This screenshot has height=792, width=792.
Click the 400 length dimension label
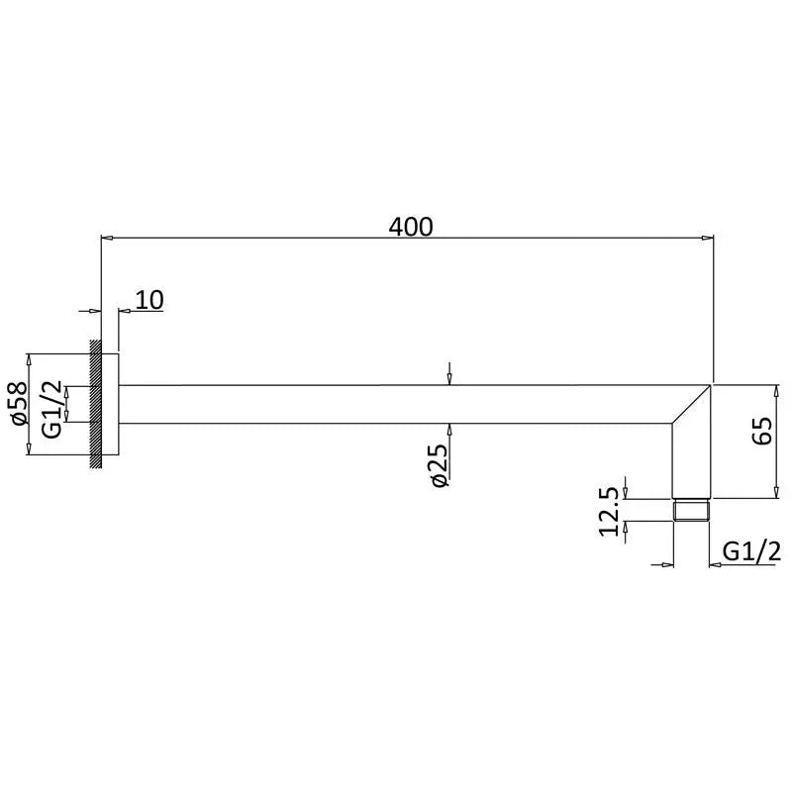pos(411,227)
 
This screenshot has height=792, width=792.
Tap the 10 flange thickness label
pos(149,300)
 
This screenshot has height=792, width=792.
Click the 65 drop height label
pos(762,431)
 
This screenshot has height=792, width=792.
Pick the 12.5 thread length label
pos(608,511)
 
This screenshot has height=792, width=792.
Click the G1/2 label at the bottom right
pos(751,551)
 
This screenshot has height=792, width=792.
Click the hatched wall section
pos(95,404)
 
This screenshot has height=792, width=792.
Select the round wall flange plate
pos(110,404)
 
